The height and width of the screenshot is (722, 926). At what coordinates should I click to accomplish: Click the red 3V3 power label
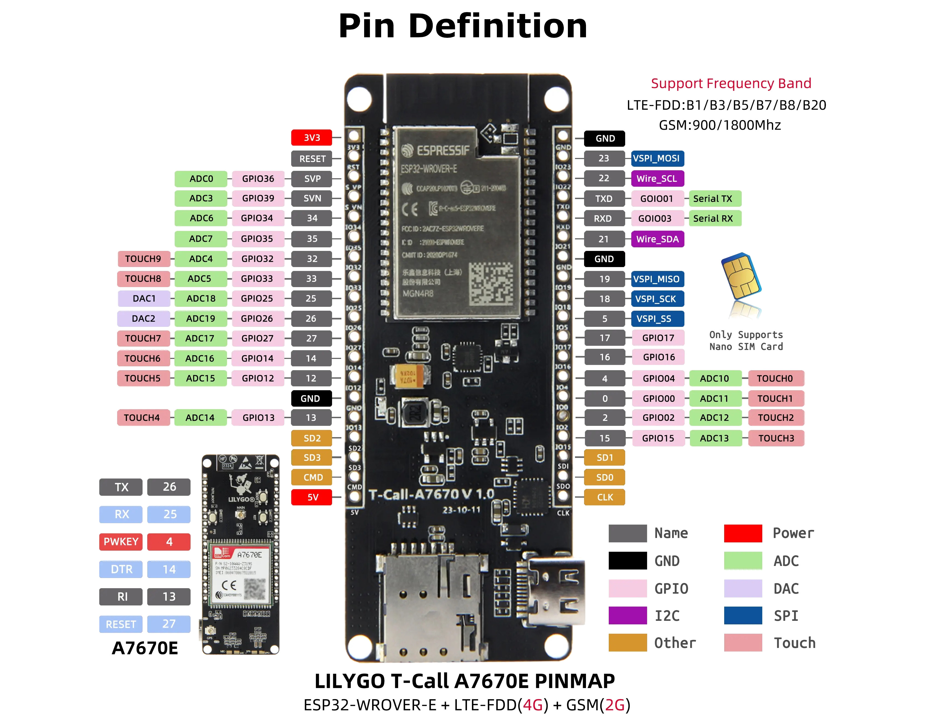point(311,137)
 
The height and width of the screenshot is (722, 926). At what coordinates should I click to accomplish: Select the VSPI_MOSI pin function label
point(657,158)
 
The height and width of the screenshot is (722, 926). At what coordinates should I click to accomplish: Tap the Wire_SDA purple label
point(657,239)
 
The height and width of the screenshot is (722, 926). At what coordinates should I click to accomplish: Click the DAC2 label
point(143,318)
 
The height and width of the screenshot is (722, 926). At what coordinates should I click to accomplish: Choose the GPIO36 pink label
point(258,179)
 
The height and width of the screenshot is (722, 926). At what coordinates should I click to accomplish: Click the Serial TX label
point(713,199)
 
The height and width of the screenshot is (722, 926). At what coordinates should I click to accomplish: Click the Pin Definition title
point(463,26)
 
